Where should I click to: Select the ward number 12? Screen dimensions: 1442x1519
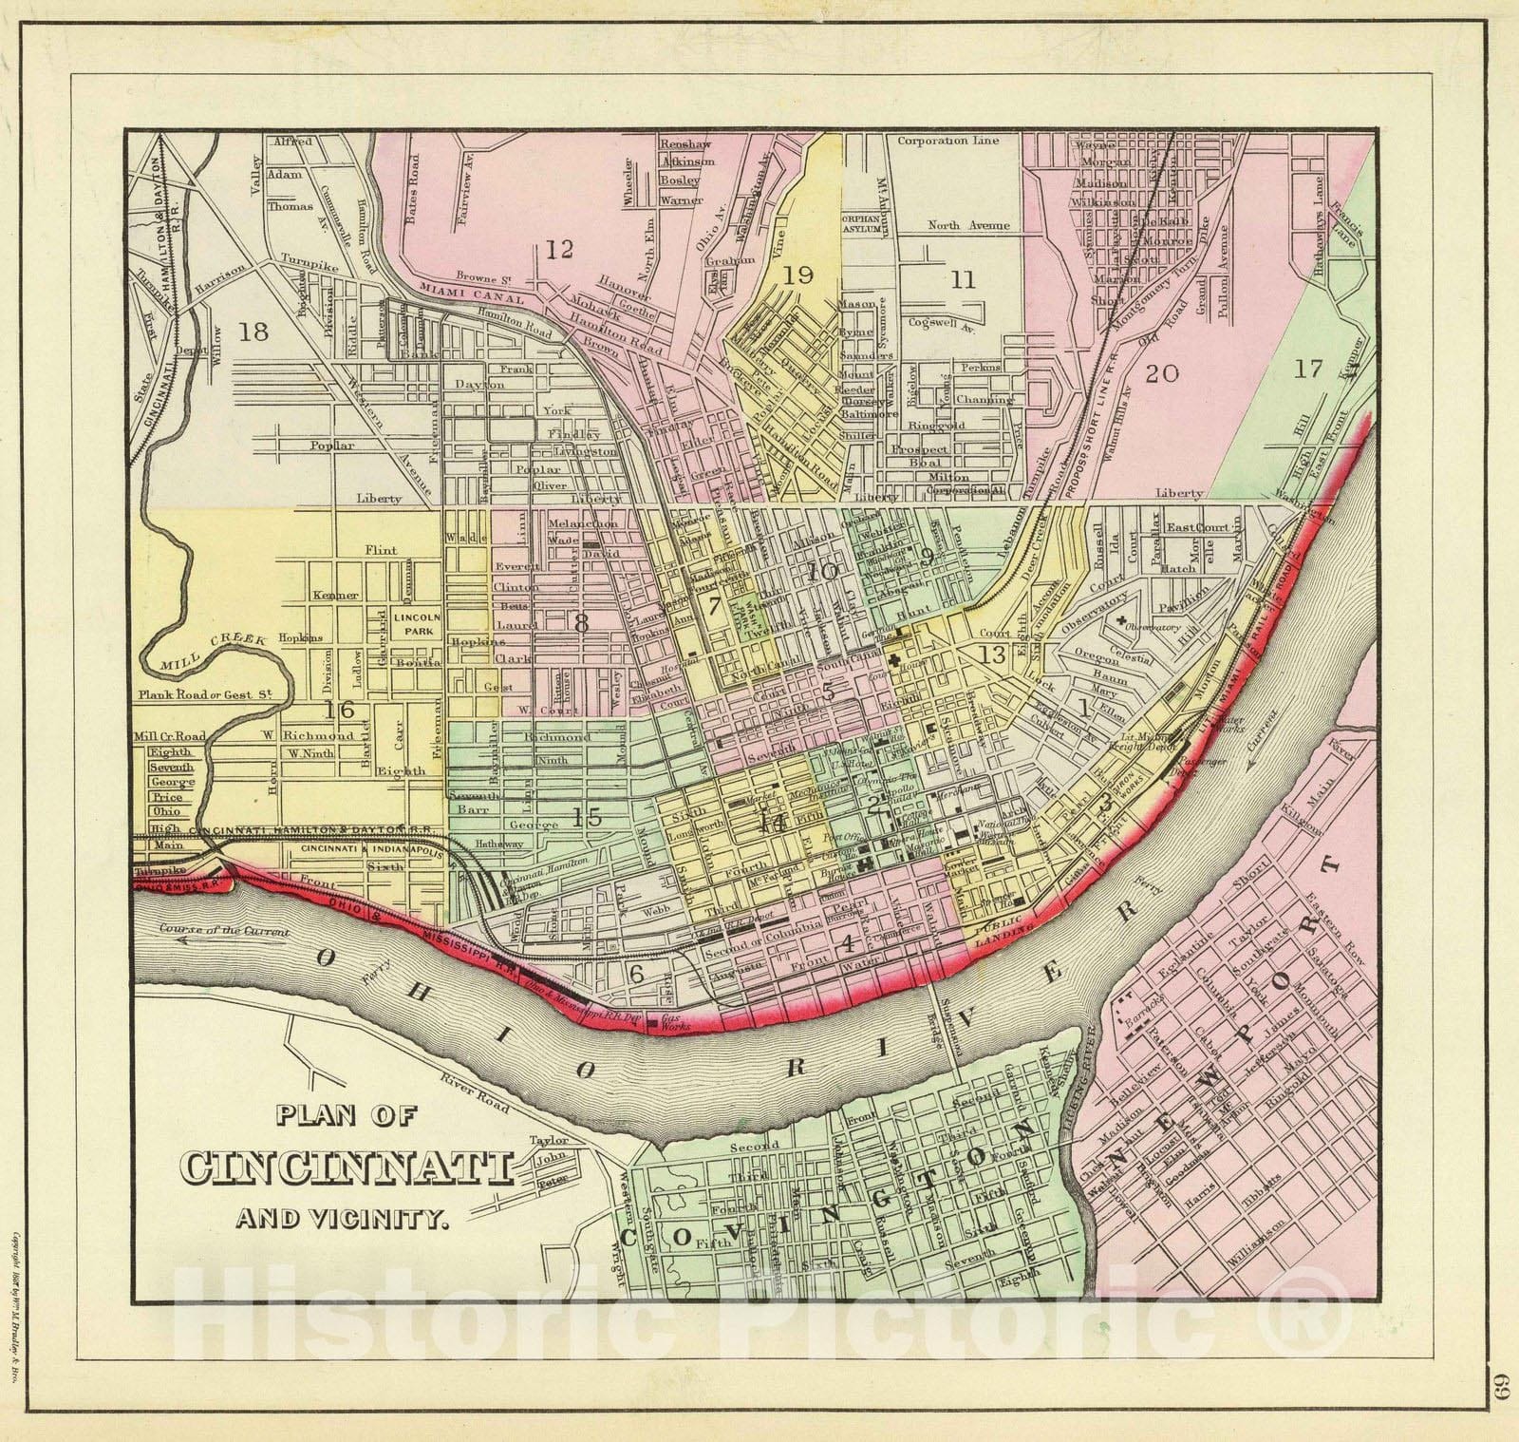[559, 250]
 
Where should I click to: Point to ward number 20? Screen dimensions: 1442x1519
[1162, 372]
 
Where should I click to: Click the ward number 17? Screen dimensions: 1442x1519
[1307, 369]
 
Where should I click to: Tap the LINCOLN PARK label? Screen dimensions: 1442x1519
[412, 622]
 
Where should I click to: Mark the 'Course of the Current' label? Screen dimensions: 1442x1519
[225, 931]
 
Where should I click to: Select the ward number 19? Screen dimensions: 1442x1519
[798, 275]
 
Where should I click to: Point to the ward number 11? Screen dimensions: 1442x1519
[963, 279]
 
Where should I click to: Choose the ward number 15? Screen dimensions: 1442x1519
[587, 814]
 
